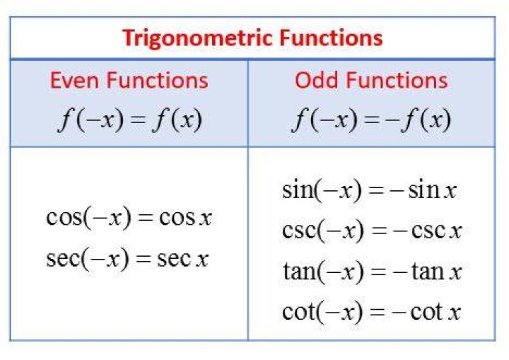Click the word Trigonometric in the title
click(x=199, y=39)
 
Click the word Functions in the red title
click(x=331, y=37)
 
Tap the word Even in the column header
click(x=75, y=80)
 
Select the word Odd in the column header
click(x=316, y=80)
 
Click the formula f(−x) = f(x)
click(x=130, y=120)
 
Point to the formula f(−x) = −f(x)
click(x=371, y=120)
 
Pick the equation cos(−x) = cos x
click(x=129, y=217)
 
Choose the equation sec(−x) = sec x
click(x=127, y=259)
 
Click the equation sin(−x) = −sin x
click(x=370, y=190)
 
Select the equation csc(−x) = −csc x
click(x=372, y=231)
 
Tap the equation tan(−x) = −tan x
click(x=372, y=272)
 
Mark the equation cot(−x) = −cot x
click(x=371, y=312)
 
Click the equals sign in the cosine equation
click(x=146, y=219)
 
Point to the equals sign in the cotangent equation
click(x=378, y=313)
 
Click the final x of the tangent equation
click(x=455, y=273)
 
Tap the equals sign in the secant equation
click(x=144, y=260)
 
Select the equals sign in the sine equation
click(x=377, y=191)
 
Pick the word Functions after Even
click(x=158, y=80)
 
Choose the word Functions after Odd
click(x=397, y=80)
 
